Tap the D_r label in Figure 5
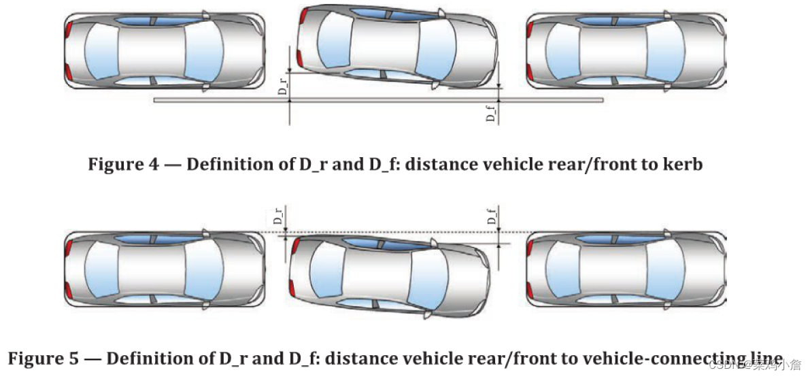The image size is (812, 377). tap(278, 217)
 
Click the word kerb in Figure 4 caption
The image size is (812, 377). tap(682, 165)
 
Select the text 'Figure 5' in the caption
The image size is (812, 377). tap(38, 358)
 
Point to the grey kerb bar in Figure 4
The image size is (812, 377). tap(378, 100)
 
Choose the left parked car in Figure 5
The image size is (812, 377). tap(164, 269)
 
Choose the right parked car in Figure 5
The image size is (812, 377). tap(626, 269)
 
